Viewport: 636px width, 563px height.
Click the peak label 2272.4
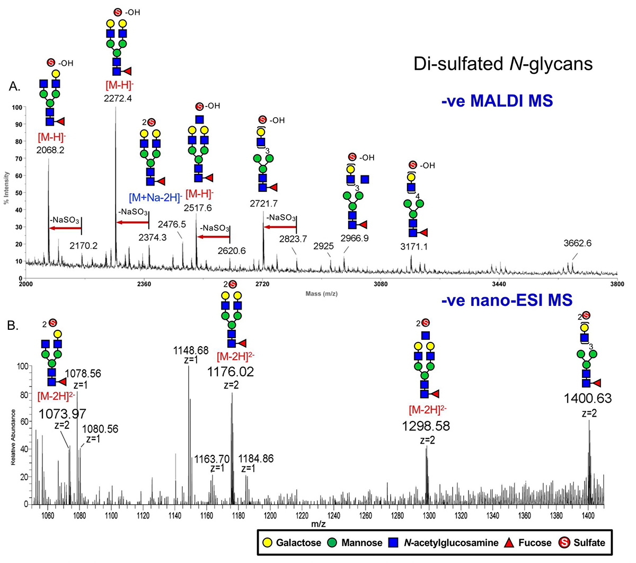118,98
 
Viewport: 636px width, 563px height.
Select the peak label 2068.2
50,150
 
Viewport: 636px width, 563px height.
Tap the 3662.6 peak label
577,243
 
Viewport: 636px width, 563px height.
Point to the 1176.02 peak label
231,372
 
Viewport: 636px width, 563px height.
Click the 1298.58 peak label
426,426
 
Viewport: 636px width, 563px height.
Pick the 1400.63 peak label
588,399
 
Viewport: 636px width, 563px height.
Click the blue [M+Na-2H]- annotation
156,198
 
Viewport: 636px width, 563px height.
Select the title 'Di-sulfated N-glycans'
503,64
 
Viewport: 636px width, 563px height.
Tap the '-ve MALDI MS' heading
497,101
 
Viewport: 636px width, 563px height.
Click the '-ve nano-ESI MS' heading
507,300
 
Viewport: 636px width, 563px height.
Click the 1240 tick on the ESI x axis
334,516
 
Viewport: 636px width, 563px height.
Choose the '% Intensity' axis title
6,188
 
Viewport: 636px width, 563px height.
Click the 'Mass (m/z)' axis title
322,294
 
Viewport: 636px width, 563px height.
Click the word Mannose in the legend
361,543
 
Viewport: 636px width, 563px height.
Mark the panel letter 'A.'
15,86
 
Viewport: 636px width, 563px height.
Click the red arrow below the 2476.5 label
213,236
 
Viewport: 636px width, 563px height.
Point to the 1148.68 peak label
191,355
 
